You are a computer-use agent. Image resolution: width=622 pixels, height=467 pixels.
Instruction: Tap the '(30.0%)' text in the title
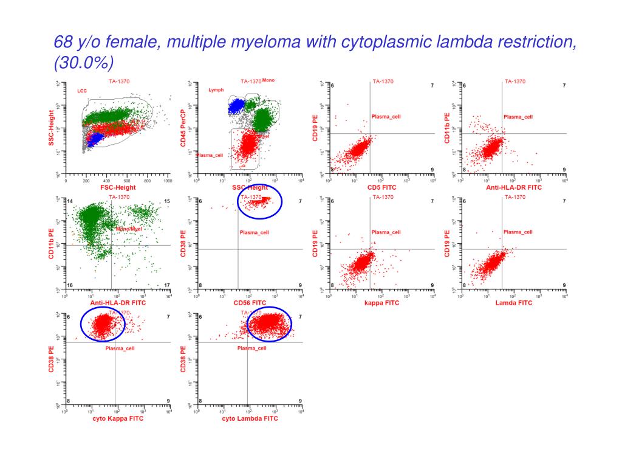(83, 63)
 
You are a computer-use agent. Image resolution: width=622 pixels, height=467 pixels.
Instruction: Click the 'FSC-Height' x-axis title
(118, 187)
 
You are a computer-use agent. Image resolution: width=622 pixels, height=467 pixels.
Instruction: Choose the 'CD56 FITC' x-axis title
(250, 303)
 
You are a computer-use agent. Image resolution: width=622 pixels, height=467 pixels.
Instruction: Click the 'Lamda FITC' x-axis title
(513, 303)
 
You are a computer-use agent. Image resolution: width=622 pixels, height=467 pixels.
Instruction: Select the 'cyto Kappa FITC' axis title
(118, 418)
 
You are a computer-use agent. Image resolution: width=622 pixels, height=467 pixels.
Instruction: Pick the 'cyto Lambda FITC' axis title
(250, 418)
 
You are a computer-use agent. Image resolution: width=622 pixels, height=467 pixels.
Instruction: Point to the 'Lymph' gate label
(216, 89)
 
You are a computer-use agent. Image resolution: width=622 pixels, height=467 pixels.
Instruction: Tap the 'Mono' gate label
(268, 80)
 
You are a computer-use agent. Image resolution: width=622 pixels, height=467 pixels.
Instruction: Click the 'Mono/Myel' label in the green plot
(128, 229)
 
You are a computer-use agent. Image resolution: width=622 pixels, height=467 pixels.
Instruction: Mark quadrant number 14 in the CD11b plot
(70, 201)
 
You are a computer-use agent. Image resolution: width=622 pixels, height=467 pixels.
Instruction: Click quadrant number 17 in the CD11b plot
(166, 285)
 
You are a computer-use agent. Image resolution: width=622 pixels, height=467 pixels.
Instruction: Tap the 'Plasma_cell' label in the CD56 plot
(254, 232)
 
